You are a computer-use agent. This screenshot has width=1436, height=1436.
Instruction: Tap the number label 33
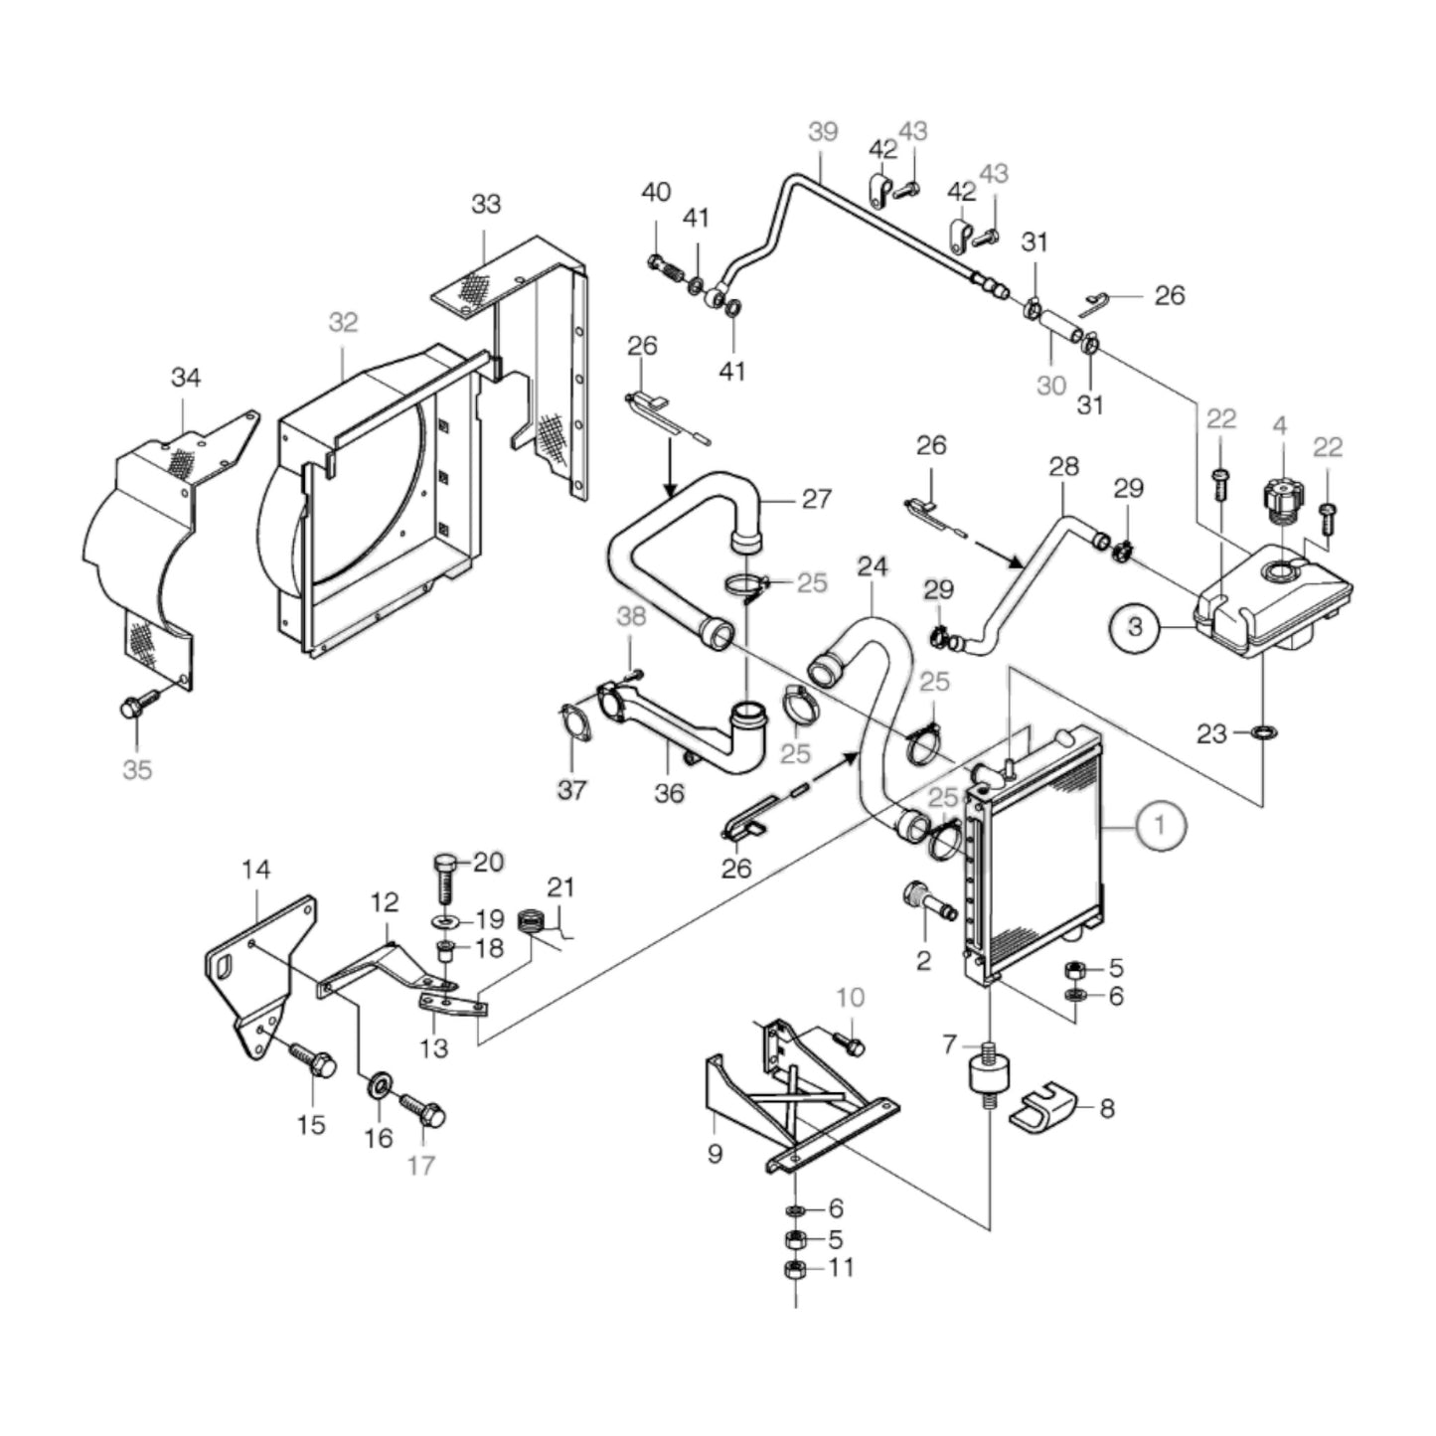click(486, 204)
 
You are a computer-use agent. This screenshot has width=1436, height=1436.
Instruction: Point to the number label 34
click(186, 378)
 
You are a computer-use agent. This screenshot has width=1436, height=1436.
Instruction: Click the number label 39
click(823, 132)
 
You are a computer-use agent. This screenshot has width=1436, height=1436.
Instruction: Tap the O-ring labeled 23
click(1264, 733)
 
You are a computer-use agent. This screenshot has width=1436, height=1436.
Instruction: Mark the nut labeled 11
click(794, 1269)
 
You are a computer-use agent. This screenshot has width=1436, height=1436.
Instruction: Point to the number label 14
click(255, 871)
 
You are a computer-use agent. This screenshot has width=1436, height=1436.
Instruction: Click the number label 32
click(343, 323)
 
